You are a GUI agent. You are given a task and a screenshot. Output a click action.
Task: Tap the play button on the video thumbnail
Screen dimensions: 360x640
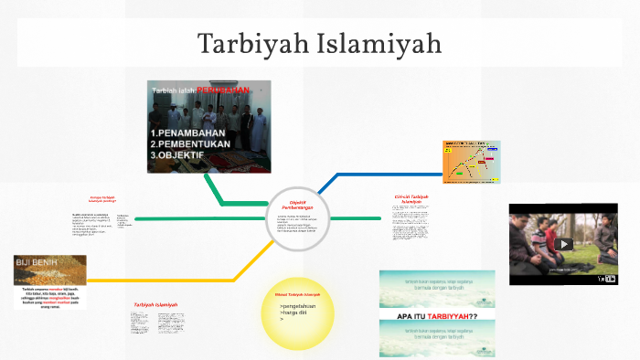[x=565, y=244]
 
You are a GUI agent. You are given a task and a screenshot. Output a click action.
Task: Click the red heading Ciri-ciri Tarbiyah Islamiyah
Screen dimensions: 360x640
[x=411, y=199]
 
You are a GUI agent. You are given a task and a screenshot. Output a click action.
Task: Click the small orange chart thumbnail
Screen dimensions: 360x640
[x=471, y=162]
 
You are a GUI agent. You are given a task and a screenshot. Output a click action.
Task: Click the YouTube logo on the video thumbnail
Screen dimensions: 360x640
[x=606, y=278]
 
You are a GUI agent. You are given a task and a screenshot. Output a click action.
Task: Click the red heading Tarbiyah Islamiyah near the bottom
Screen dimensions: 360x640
[x=156, y=304]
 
